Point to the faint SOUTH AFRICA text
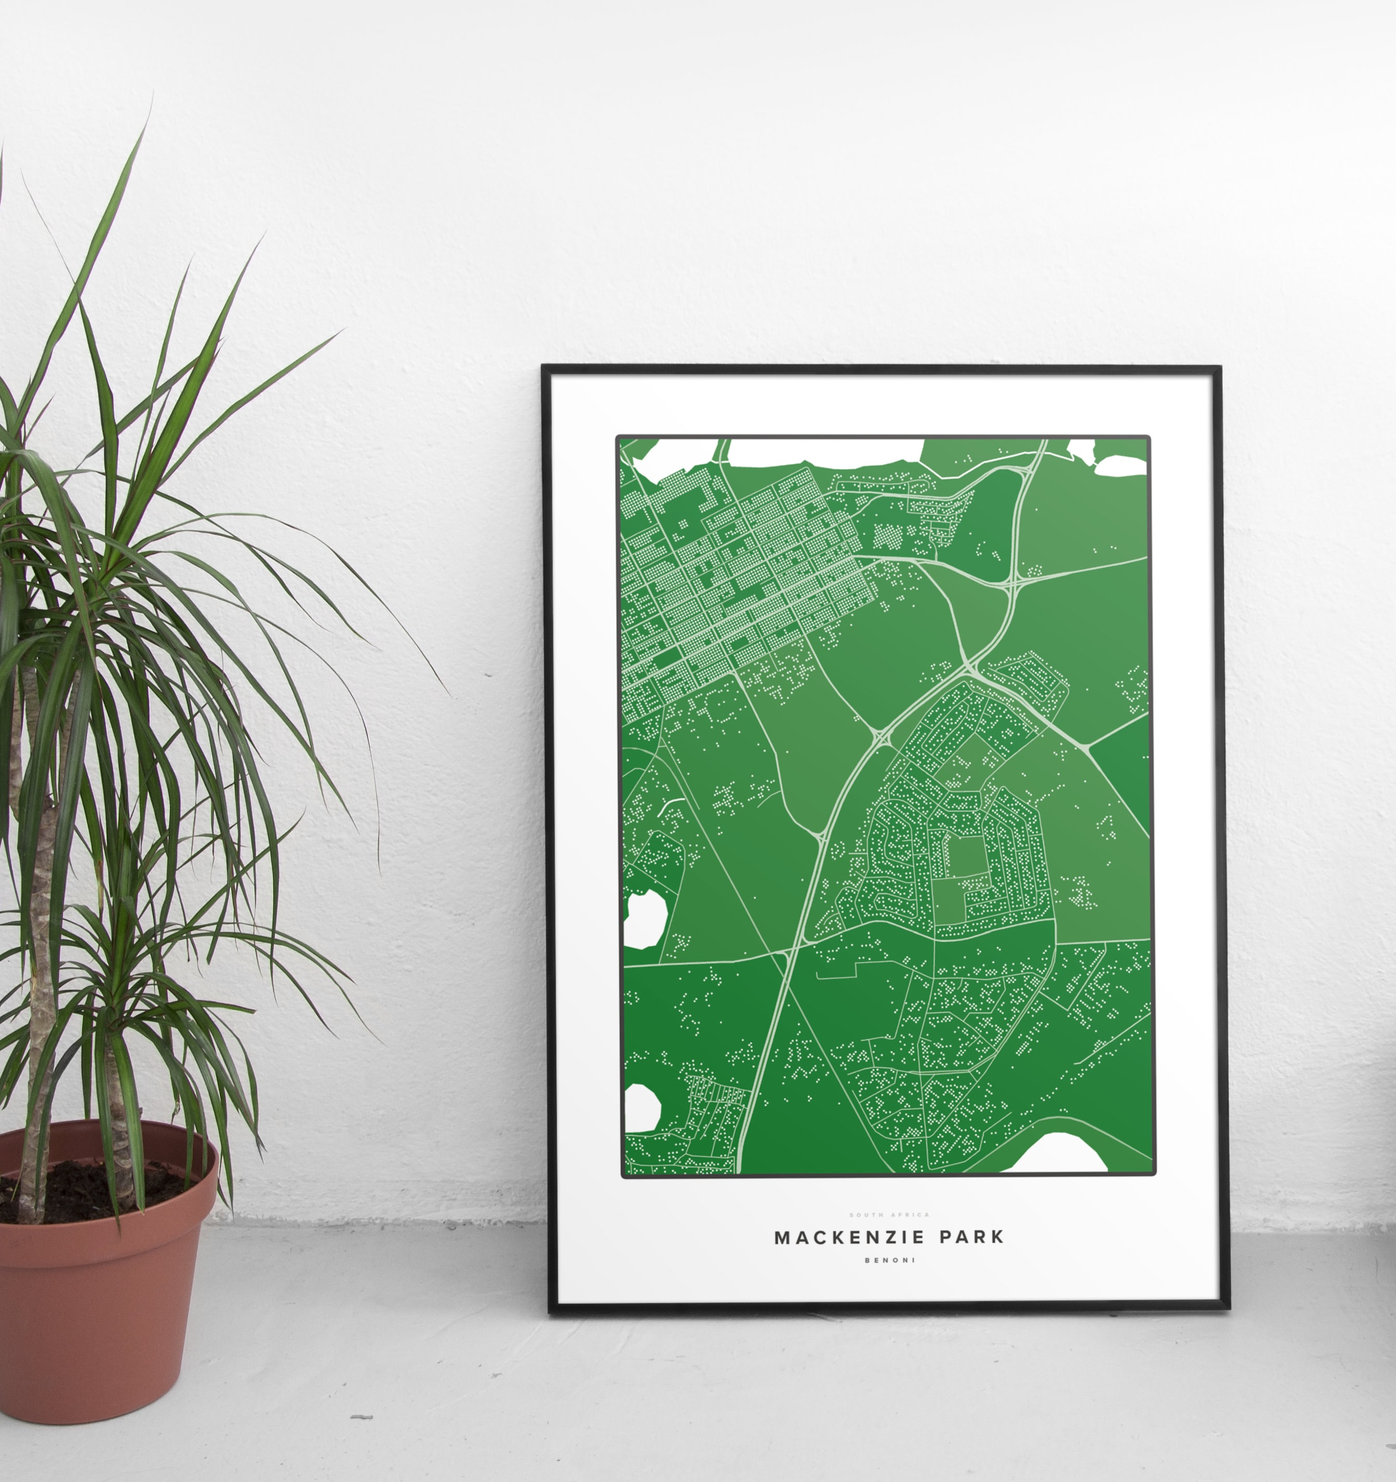coord(890,1215)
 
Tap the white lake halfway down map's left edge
coord(643,918)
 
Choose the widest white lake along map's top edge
coord(824,452)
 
